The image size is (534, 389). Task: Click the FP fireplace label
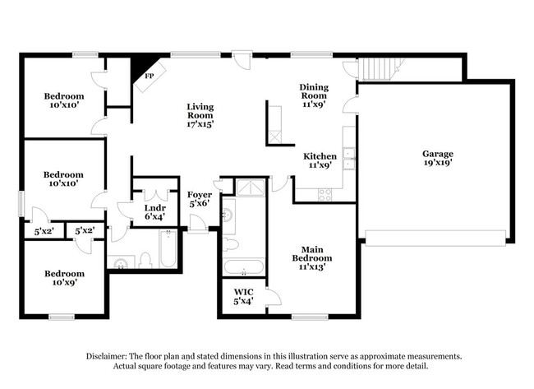pos(150,76)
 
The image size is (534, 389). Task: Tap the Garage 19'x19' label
pos(438,158)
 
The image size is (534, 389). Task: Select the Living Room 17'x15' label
pos(200,116)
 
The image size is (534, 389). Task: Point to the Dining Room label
pos(314,91)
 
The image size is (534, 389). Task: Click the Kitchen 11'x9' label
pos(320,160)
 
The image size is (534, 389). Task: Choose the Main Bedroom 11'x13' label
pos(312,258)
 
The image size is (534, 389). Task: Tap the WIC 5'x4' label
pos(243,297)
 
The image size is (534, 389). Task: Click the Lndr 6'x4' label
pos(155,212)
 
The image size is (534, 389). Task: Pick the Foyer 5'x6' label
pos(200,199)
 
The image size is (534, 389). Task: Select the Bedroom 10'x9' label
pos(64,278)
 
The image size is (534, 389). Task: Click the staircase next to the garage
pos(379,69)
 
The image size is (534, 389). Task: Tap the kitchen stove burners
pos(325,195)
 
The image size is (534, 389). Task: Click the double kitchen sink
pos(348,159)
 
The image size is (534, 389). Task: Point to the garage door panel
pos(435,238)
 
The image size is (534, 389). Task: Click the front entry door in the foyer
pos(198,224)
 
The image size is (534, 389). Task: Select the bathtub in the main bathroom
pos(243,267)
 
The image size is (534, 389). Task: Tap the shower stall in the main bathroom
pos(251,188)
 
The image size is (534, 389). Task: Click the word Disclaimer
pos(107,356)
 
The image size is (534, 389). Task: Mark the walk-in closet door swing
pos(274,297)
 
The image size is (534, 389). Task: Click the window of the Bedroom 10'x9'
pos(62,317)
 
